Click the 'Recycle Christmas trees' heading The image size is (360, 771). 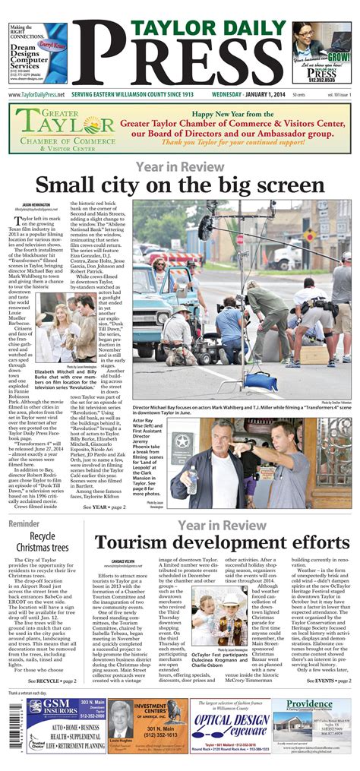pos(47,542)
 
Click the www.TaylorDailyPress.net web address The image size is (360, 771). pos(36,95)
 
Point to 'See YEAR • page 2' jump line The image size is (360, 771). pos(105,507)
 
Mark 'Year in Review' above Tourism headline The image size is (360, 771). pos(222,525)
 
